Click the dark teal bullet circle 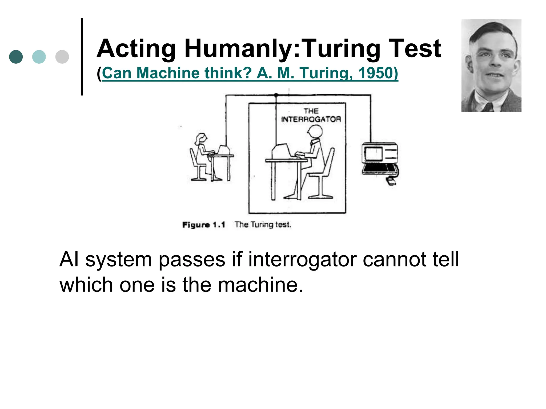[x=16, y=57]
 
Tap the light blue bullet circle [x=39, y=57]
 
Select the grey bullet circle [x=62, y=57]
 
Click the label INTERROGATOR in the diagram [x=311, y=119]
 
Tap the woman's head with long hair [x=201, y=138]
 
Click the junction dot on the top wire [x=276, y=95]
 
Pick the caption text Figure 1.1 [x=204, y=225]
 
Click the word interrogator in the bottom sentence [x=302, y=259]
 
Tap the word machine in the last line [x=260, y=285]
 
